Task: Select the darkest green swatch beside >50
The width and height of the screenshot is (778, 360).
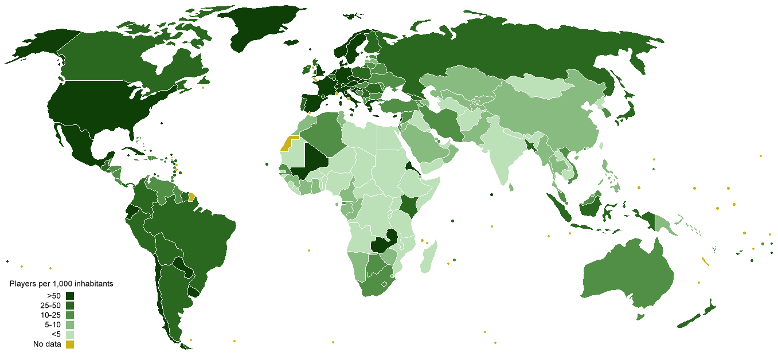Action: click(70, 296)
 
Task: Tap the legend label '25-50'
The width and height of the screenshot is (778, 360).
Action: click(50, 306)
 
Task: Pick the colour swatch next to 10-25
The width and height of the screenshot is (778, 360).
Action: click(70, 315)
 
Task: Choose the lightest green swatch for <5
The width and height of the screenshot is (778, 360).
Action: click(70, 335)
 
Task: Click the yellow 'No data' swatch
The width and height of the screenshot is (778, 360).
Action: click(70, 345)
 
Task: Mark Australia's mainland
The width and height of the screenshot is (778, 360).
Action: click(631, 275)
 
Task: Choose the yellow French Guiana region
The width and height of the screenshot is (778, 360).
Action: click(192, 197)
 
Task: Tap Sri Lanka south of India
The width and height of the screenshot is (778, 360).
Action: click(510, 186)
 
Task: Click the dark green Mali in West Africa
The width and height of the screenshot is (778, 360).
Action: click(312, 161)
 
